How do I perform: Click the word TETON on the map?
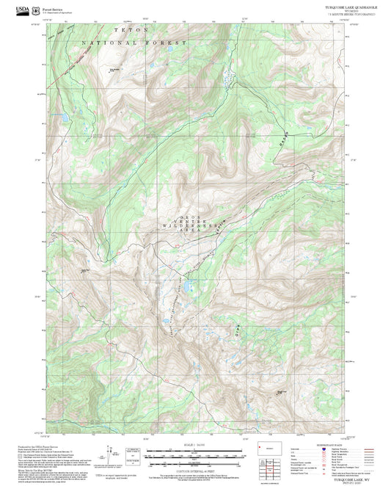coord(131,29)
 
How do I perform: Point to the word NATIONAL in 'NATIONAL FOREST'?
coord(107,44)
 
